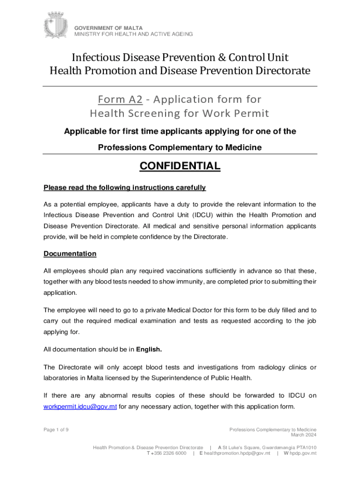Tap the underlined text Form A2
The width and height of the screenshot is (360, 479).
click(114, 99)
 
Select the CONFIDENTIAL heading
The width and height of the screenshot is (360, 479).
click(180, 166)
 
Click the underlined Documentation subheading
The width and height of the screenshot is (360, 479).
click(70, 254)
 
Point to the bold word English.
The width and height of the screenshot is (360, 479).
click(149, 349)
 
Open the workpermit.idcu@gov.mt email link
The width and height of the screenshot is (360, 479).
click(80, 406)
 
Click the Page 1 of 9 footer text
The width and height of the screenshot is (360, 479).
click(56, 430)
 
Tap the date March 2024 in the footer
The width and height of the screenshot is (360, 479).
click(304, 435)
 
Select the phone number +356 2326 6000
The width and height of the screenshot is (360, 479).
click(170, 453)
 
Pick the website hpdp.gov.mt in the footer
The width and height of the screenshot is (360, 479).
click(303, 453)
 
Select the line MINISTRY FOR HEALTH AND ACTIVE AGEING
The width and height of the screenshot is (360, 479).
click(133, 34)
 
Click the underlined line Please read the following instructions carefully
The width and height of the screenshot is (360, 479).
click(124, 188)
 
